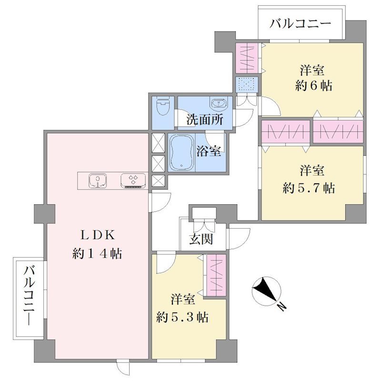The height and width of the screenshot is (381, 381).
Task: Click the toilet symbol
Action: (x=162, y=106)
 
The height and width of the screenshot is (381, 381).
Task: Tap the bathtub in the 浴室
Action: (x=182, y=152)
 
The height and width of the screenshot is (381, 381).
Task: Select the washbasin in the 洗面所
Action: (x=219, y=103)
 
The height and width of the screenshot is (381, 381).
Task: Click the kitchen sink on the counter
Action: (x=98, y=180)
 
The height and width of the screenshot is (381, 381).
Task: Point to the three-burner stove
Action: (x=133, y=181)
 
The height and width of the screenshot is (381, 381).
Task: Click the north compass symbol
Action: (x=267, y=291)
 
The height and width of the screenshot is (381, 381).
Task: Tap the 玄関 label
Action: (x=201, y=239)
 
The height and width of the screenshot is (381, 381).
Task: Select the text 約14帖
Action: (x=97, y=254)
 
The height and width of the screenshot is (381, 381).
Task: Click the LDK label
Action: (x=97, y=235)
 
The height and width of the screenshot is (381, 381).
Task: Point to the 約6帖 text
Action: (x=313, y=86)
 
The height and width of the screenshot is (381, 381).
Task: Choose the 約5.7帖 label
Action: (x=309, y=188)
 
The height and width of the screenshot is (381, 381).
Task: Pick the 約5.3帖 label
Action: (x=182, y=317)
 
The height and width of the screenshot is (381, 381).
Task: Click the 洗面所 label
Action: (x=205, y=120)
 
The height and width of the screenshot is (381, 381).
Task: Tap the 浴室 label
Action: (x=209, y=151)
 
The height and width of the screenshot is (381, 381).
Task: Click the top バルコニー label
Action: (x=301, y=23)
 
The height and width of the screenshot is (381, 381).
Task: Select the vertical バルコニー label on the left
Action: (x=29, y=296)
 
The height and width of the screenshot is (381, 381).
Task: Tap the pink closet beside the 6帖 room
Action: (x=247, y=58)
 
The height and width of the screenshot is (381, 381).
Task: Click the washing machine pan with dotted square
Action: (x=247, y=85)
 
